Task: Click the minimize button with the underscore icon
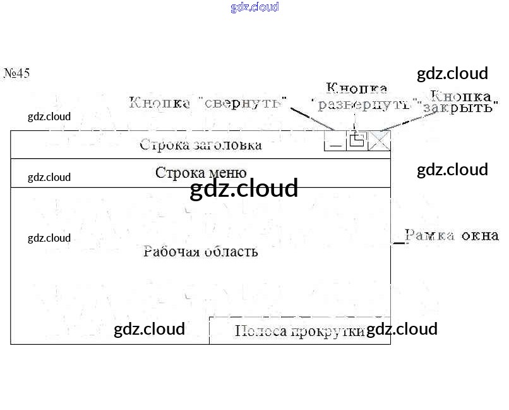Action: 335,141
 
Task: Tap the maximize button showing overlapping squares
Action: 357,140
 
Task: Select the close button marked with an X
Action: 380,140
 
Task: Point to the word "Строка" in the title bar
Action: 160,145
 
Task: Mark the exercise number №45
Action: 16,73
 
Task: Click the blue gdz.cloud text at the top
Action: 254,7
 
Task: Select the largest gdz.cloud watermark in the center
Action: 244,188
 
